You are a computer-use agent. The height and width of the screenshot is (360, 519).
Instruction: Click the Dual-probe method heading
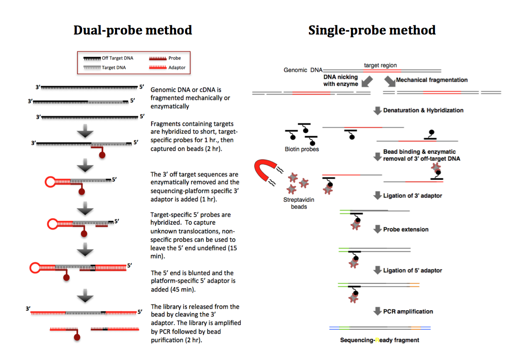tap(132, 30)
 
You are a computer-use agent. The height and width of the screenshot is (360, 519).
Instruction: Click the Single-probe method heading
tap(372, 30)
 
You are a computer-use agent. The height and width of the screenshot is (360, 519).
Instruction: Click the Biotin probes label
tap(302, 149)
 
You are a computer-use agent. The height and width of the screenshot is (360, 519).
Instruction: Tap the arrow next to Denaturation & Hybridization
tap(377, 110)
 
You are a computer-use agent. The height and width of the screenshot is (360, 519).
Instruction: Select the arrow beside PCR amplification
tap(377, 311)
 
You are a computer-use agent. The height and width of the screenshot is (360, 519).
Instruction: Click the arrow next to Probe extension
tap(377, 229)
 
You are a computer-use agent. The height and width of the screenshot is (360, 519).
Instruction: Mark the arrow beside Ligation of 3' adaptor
tap(377, 196)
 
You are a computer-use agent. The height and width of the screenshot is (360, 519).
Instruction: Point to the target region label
tap(380, 65)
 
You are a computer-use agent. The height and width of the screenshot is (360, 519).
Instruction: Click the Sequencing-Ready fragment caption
tap(380, 340)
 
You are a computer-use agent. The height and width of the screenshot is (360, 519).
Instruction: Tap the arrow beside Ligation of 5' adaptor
tap(377, 270)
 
